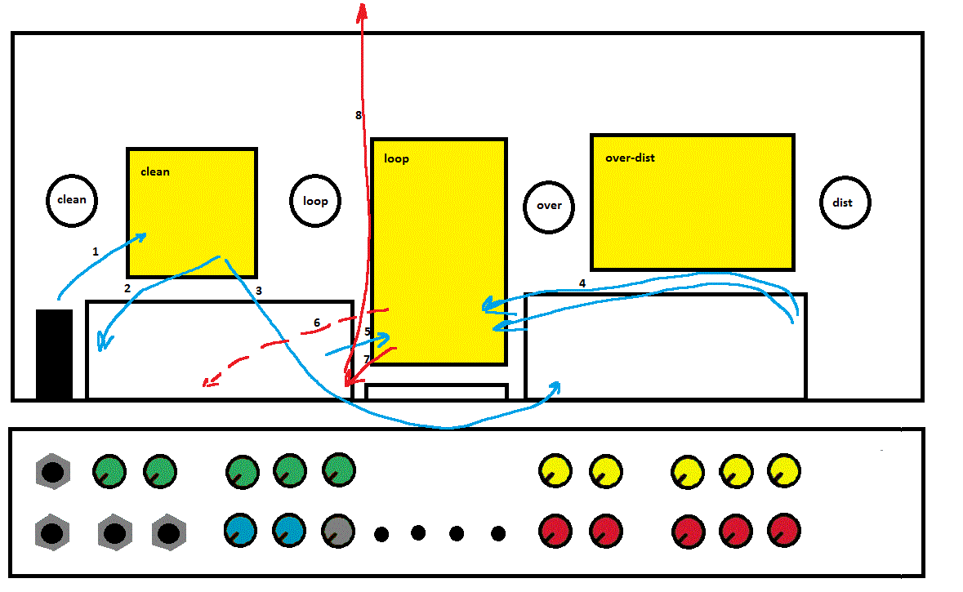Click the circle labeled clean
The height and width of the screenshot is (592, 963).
coord(71,200)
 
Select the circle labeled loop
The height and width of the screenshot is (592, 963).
coord(315,201)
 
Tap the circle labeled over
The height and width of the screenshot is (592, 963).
coord(549,205)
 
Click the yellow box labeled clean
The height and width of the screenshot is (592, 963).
coord(192,212)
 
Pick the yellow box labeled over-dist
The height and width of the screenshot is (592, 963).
coord(692,202)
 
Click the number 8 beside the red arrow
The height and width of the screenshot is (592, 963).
coord(358,115)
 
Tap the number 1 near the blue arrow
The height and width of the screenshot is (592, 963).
coord(95,252)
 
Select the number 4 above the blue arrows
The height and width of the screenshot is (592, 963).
coord(582,283)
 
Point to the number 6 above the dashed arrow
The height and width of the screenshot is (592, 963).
coord(317,323)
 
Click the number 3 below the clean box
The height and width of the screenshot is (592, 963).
coord(259,290)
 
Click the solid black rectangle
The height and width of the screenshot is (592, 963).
coord(54,354)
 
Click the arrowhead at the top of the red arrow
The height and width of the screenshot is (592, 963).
coord(361,8)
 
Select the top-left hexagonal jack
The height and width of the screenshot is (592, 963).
coord(53,471)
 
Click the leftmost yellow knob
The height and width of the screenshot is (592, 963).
coord(555,470)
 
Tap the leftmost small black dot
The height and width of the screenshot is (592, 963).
coord(381,535)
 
